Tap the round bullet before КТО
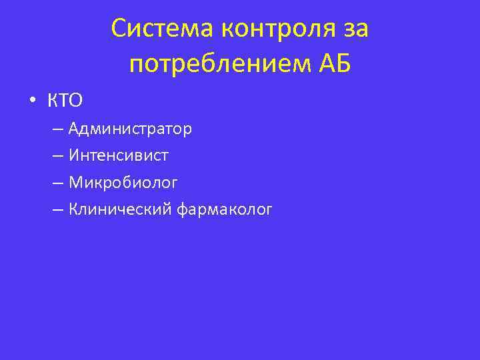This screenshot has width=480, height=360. (x=31, y=102)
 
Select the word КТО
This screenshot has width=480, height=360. (x=64, y=101)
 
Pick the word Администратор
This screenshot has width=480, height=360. (x=130, y=129)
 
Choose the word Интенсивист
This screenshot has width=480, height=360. (x=118, y=156)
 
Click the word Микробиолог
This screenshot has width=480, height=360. (x=123, y=183)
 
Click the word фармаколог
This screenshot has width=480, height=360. (x=225, y=210)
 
